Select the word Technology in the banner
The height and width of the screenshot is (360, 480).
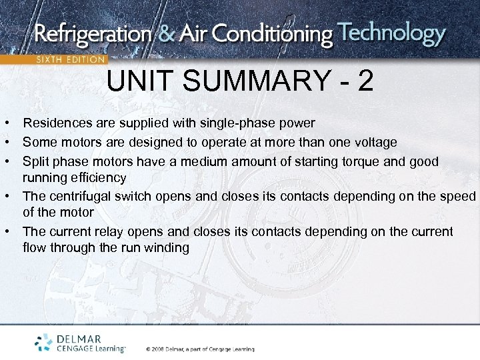(x=391, y=34)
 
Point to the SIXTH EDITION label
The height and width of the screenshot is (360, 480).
(x=70, y=59)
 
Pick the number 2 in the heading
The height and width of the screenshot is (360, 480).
(x=365, y=82)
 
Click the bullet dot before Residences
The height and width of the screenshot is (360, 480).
(x=5, y=124)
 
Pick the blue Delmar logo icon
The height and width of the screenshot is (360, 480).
(x=44, y=342)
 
